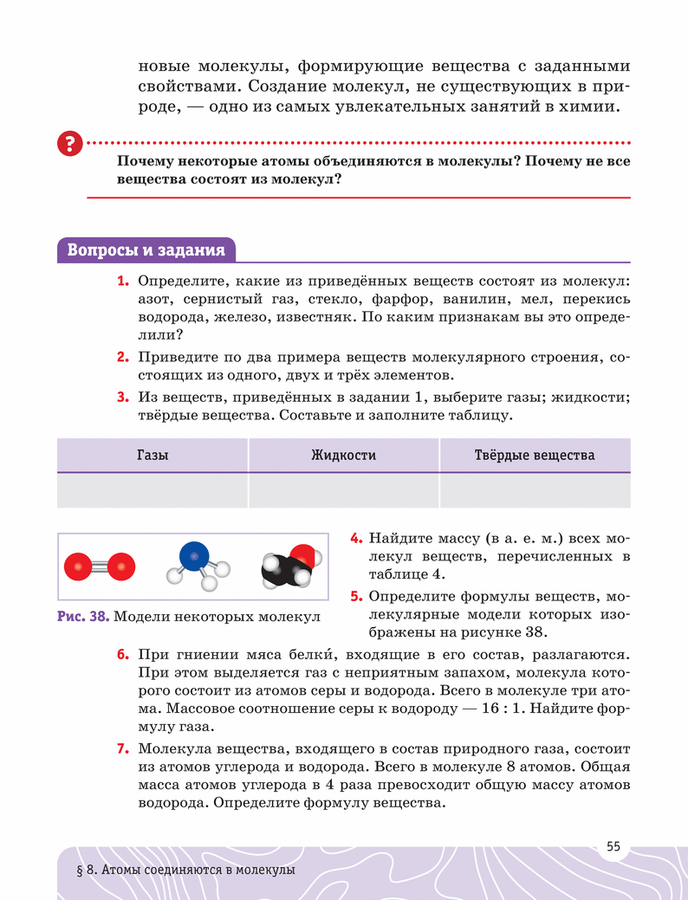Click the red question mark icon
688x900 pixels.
[x=68, y=144]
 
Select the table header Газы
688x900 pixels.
[x=153, y=455]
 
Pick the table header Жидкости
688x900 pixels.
[x=343, y=455]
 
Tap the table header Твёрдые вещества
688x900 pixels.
[x=535, y=455]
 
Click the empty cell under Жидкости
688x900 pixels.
[x=343, y=489]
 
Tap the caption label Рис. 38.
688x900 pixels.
[x=83, y=618]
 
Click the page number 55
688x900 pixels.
[x=613, y=846]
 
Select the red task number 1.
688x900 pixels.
[x=123, y=282]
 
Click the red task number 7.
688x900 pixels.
[x=123, y=748]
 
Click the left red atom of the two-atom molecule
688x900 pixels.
[x=78, y=567]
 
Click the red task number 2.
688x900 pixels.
[x=123, y=357]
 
